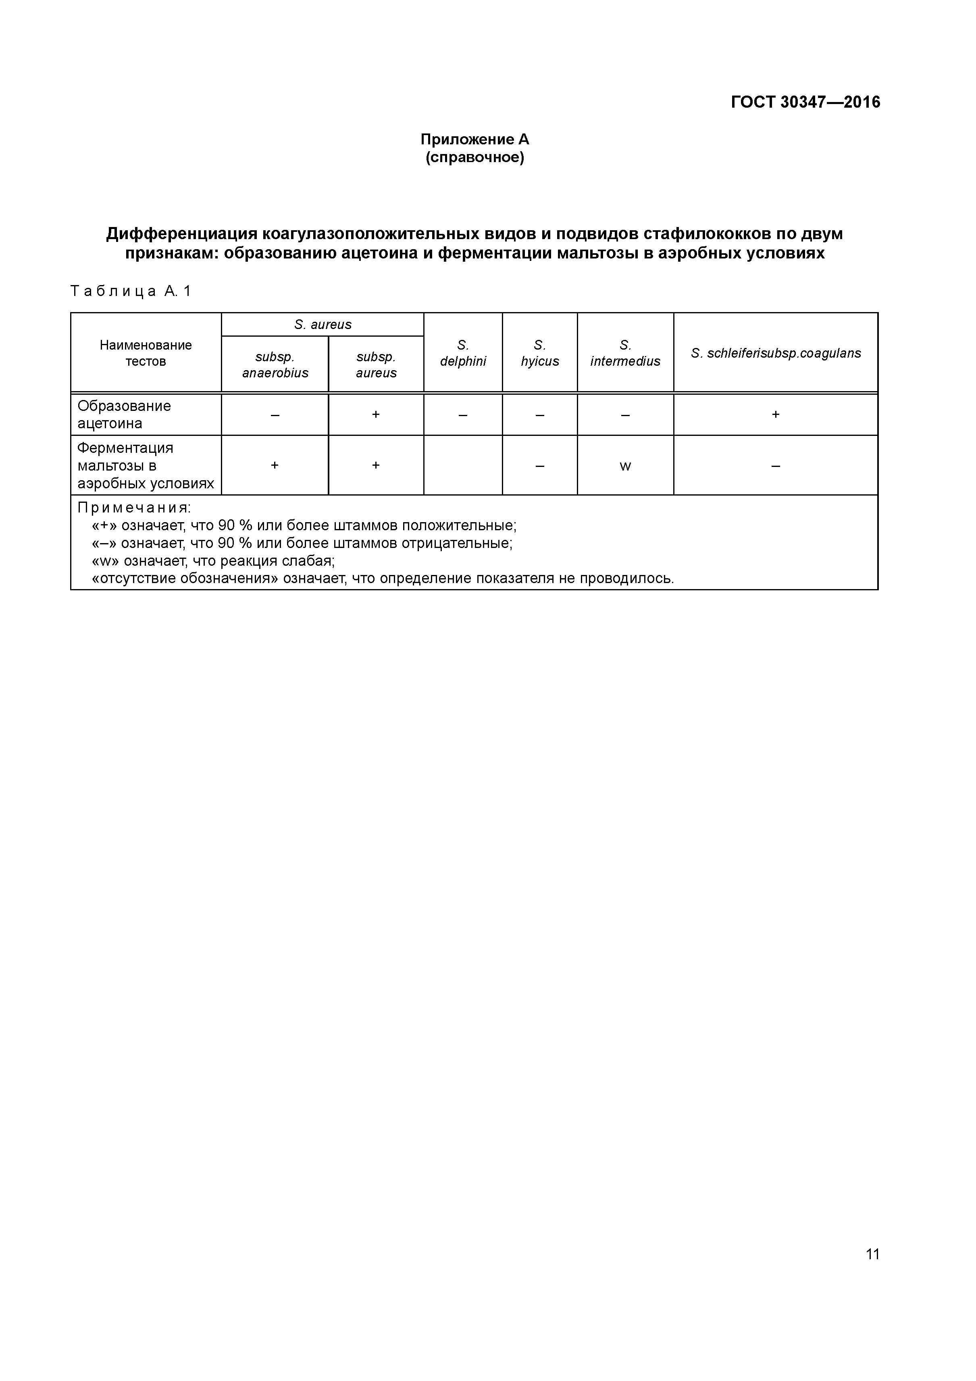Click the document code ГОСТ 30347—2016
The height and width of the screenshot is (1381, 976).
pos(805,102)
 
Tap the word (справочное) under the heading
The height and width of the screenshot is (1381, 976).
pos(474,158)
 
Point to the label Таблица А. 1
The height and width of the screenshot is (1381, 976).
pos(131,292)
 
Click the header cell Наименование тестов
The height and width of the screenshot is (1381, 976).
pos(146,353)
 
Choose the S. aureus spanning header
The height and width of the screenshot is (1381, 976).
pos(323,325)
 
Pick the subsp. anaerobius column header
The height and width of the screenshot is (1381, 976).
pos(275,365)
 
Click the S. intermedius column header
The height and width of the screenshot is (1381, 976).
pos(625,353)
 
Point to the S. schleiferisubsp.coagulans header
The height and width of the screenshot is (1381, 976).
pos(775,353)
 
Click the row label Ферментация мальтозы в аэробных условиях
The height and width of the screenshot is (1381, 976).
pos(146,466)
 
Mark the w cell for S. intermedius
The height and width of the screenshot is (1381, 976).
pos(625,466)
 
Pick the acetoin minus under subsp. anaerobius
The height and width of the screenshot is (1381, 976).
pos(275,415)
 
